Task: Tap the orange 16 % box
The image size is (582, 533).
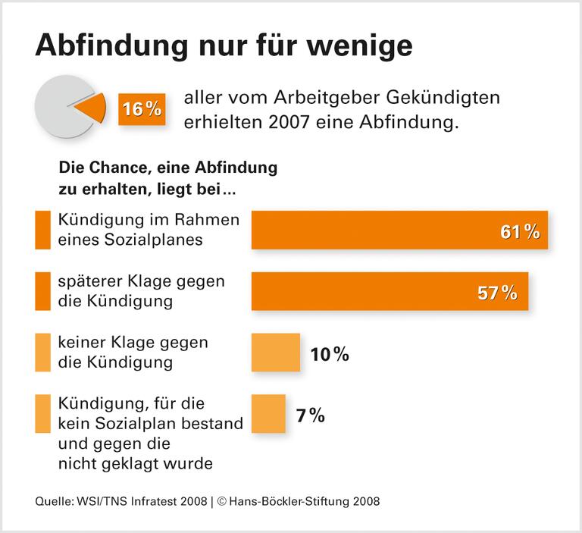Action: [x=142, y=109]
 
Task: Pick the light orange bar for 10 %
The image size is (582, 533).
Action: [x=275, y=353]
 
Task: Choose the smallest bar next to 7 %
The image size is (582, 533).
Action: [x=268, y=414]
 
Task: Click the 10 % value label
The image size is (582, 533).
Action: [x=330, y=353]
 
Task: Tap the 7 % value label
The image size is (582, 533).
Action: [x=311, y=415]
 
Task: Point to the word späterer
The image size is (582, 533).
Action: [x=89, y=281]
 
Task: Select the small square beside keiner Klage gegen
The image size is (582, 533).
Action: [x=41, y=353]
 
